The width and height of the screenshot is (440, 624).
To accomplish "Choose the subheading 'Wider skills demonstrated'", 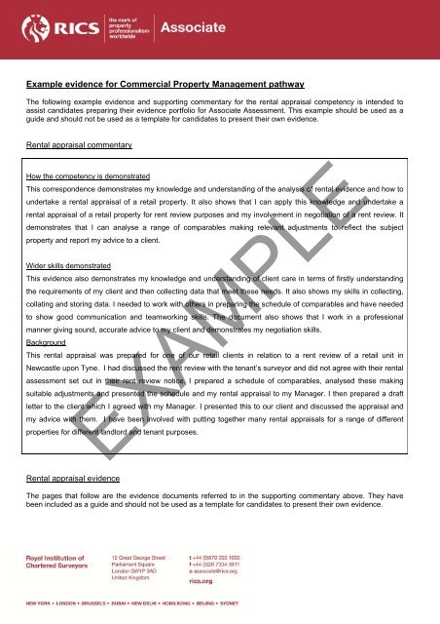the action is click(70, 263).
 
